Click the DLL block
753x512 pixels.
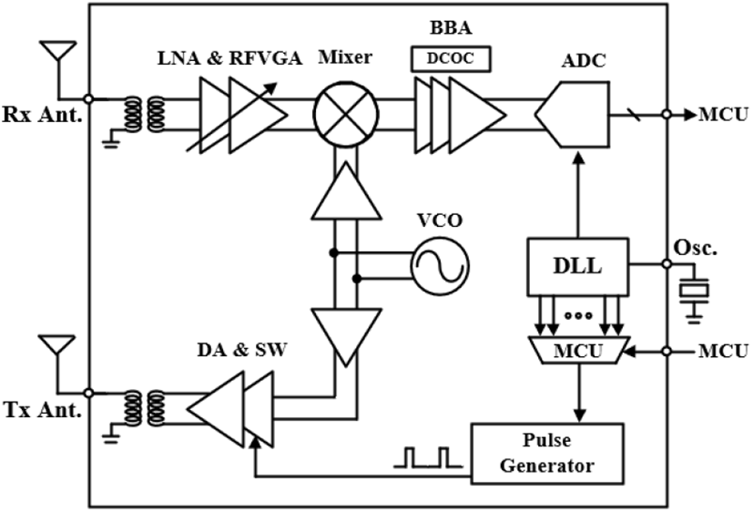pos(577,267)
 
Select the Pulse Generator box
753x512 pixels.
pos(547,453)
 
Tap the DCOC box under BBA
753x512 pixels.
pos(451,58)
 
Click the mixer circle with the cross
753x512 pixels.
pos(346,114)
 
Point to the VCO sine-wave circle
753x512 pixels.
pos(440,266)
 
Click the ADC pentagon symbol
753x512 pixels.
pos(572,114)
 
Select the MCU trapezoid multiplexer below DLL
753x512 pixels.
pos(578,350)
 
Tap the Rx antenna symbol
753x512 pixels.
pos(58,50)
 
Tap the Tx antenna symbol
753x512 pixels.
pos(57,344)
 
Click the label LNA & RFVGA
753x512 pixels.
pos(230,58)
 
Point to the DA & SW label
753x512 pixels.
pos(242,350)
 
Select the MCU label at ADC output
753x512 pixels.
pos(723,114)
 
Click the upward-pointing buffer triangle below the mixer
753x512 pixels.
pos(346,190)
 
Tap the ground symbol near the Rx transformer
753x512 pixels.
pos(111,142)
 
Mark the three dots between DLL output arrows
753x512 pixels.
pos(578,315)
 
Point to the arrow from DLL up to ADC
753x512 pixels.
pos(579,194)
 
